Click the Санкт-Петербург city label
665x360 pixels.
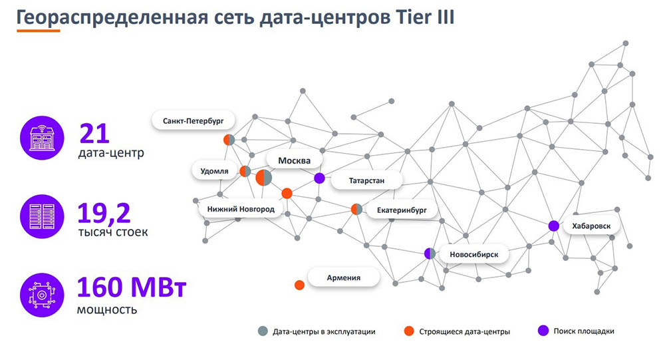pyautogui.click(x=194, y=121)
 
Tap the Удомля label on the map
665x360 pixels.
pyautogui.click(x=214, y=171)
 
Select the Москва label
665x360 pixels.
pyautogui.click(x=295, y=160)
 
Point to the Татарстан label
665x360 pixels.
pyautogui.click(x=366, y=180)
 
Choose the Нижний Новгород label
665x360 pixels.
pyautogui.click(x=241, y=209)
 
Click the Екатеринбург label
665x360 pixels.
pyautogui.click(x=402, y=210)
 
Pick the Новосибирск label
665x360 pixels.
pyautogui.click(x=473, y=254)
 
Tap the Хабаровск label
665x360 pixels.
pyautogui.click(x=591, y=226)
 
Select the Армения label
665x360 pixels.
pyautogui.click(x=344, y=277)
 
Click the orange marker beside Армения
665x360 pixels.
pyautogui.click(x=299, y=285)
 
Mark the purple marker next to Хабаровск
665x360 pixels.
pyautogui.click(x=553, y=226)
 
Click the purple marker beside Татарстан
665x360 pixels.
pyautogui.click(x=319, y=178)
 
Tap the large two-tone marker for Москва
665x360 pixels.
pyautogui.click(x=263, y=178)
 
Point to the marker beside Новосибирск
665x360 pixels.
pyautogui.click(x=430, y=254)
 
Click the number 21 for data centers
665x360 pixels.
pyautogui.click(x=94, y=134)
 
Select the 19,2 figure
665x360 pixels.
pyautogui.click(x=104, y=213)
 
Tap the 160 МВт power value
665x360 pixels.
pyautogui.click(x=132, y=287)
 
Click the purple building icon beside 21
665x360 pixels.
pyautogui.click(x=42, y=138)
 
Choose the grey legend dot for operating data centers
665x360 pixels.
pyautogui.click(x=263, y=331)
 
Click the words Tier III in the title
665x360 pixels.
pyautogui.click(x=425, y=17)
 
